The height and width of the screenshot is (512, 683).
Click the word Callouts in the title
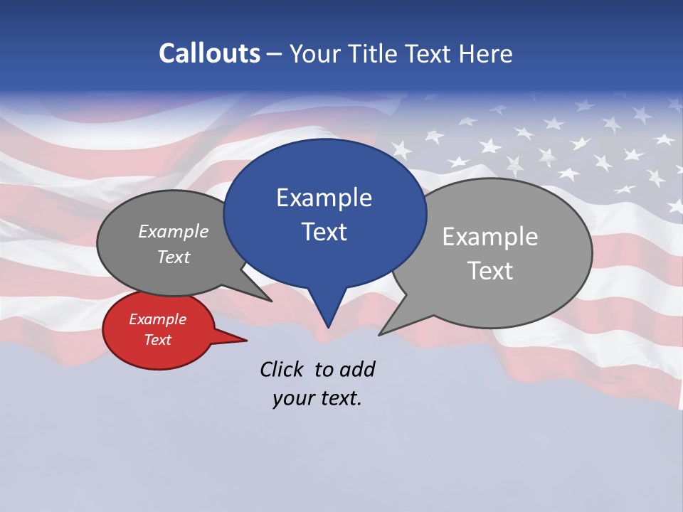[x=209, y=53]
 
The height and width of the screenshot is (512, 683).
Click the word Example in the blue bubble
[x=324, y=198]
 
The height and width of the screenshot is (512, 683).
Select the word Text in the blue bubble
[x=324, y=232]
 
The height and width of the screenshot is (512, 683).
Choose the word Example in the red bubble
[x=157, y=319]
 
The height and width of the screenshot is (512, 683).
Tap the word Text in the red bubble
[x=157, y=340]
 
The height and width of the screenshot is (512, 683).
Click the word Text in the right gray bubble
[x=490, y=271]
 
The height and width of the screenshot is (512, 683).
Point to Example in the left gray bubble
[x=173, y=231]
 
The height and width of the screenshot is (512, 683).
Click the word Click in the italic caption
[x=281, y=369]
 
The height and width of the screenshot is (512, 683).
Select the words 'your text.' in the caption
[x=317, y=398]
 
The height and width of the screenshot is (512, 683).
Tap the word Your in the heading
[x=314, y=53]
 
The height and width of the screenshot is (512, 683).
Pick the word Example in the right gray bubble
[x=490, y=237]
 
